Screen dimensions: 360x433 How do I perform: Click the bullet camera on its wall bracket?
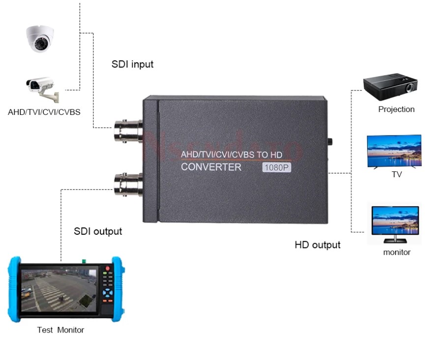tap(42, 88)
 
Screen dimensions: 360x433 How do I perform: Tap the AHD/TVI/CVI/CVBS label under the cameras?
tap(44, 112)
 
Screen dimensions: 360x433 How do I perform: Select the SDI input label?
tap(132, 64)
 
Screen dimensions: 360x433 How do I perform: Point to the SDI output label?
tap(98, 231)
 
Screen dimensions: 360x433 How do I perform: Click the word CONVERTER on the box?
tap(211, 167)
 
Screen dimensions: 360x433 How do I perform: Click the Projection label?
tap(396, 109)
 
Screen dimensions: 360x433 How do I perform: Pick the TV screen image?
tap(394, 151)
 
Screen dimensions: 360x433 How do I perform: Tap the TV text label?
tap(397, 174)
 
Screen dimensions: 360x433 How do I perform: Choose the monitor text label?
tap(397, 252)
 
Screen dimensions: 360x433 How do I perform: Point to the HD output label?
tap(318, 245)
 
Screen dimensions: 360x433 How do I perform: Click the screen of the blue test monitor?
tap(59, 289)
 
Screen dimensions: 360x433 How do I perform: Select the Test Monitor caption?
tap(60, 330)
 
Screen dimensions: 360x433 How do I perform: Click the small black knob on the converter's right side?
tap(330, 143)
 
